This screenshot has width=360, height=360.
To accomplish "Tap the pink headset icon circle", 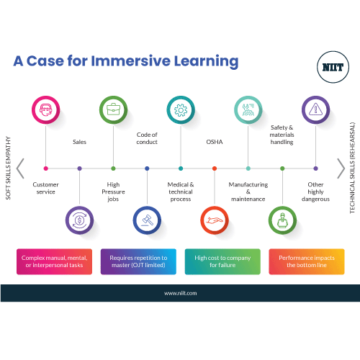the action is pos(45,109).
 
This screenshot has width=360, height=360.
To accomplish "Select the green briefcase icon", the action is pos(113,109).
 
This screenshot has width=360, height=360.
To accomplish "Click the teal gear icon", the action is pos(181,109).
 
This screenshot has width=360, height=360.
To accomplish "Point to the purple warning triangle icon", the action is pos(315,109).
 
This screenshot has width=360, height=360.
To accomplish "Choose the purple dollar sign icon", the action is pos(79,220).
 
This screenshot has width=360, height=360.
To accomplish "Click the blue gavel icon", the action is pos(147,220).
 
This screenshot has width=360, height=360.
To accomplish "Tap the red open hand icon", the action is pos(215,220).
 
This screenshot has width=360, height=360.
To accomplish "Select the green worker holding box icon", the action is pos(282,220).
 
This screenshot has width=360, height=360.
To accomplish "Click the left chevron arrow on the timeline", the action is pos(20,168).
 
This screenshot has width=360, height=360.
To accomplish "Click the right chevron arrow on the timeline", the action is pos(341,168).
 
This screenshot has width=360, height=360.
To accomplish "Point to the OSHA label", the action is pos(215,142).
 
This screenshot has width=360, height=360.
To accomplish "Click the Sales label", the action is pos(79,142).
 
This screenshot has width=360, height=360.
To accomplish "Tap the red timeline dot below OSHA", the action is pos(215,168).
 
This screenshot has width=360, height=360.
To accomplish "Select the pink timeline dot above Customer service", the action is pos(46,168).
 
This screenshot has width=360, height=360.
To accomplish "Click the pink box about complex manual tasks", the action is pos(54,261).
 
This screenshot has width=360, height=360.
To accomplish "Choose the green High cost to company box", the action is pos(222,261).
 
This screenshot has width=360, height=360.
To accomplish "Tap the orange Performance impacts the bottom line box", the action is pos(307,261).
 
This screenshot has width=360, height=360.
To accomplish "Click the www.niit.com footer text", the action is pos(181,293).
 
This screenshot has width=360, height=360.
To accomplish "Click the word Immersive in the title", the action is pos(131,61).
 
